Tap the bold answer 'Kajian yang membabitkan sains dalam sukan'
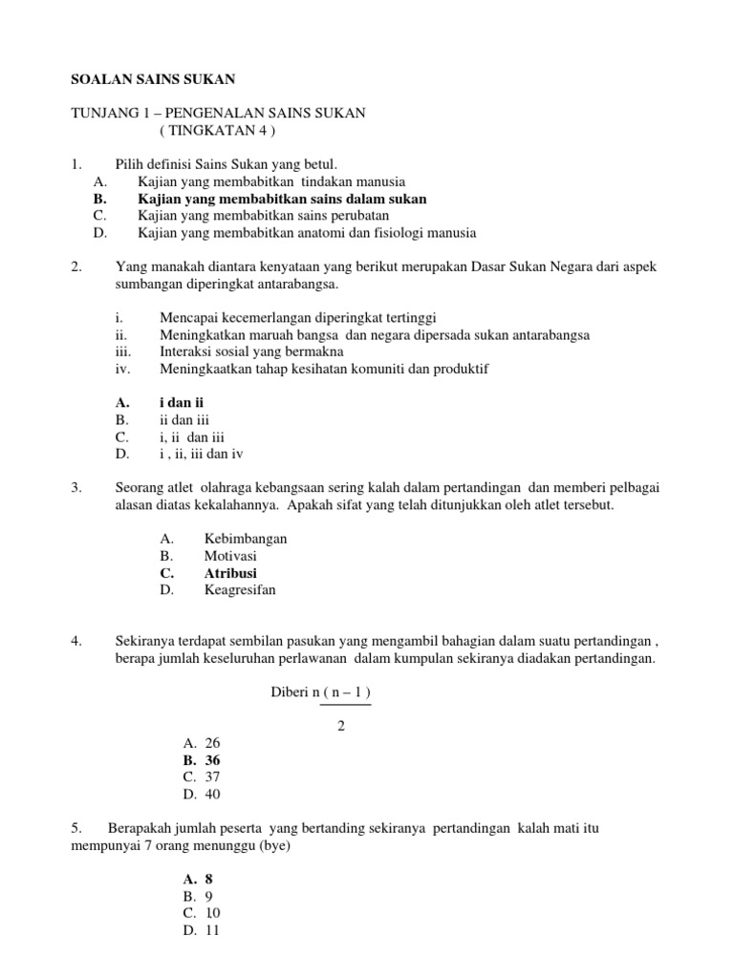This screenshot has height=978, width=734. pyautogui.click(x=282, y=199)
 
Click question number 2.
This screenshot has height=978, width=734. pyautogui.click(x=77, y=266)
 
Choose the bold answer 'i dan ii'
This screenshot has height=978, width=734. pyautogui.click(x=182, y=403)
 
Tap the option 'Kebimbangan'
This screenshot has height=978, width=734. pyautogui.click(x=246, y=539)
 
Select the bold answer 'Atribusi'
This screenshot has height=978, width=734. pyautogui.click(x=230, y=573)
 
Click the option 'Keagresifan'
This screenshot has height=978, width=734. pyautogui.click(x=239, y=590)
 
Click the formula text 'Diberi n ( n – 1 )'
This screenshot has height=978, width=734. pyautogui.click(x=321, y=691)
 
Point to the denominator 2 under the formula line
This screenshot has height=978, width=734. pyautogui.click(x=341, y=726)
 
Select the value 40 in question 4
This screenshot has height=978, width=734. pyautogui.click(x=212, y=795)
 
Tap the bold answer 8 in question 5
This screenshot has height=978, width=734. pyautogui.click(x=208, y=879)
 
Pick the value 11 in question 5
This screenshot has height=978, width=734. pyautogui.click(x=212, y=930)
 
